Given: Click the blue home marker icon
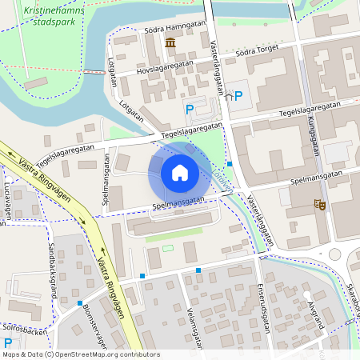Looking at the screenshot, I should [x=180, y=173].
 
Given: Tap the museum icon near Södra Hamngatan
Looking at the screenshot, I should [x=170, y=42].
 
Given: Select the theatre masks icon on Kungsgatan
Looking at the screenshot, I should [x=320, y=205].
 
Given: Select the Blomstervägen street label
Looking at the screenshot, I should [x=94, y=325].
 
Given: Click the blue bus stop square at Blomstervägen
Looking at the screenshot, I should [x=142, y=276].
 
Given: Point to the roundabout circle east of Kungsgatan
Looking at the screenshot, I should [x=335, y=254].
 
